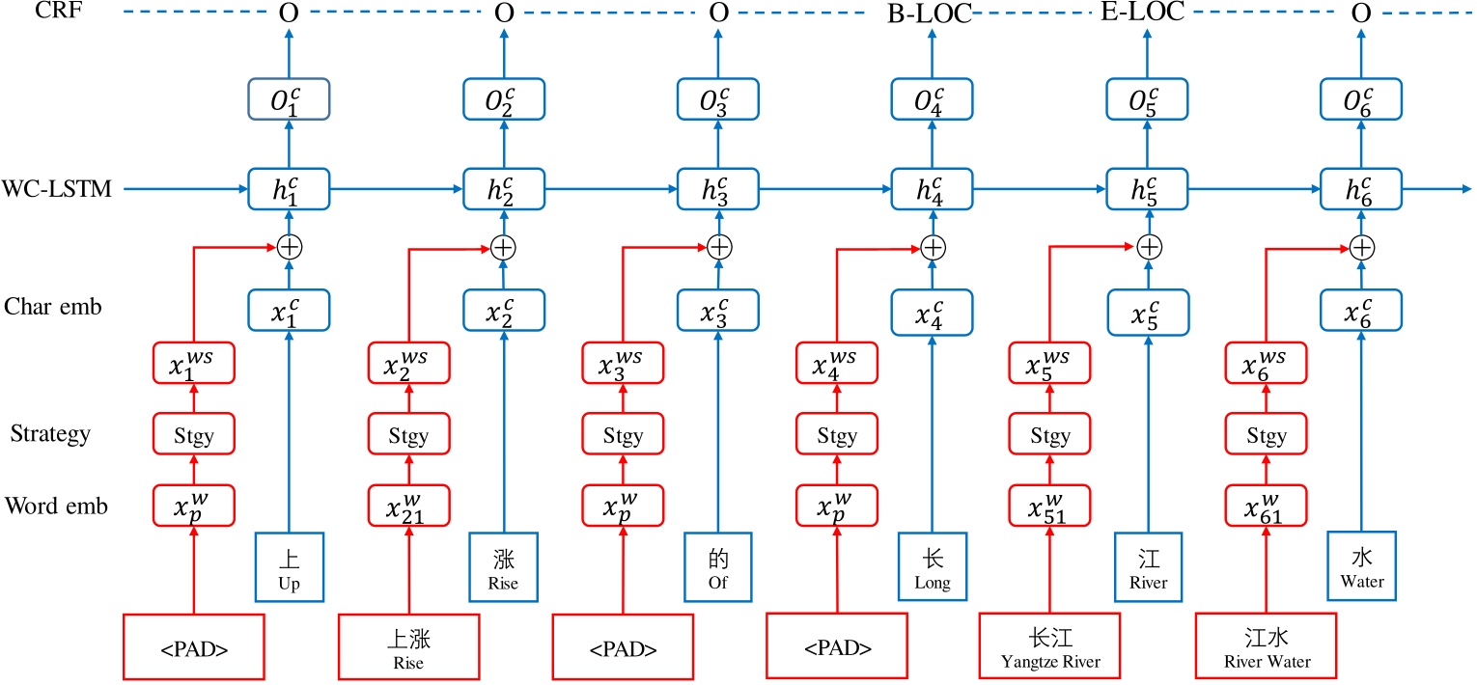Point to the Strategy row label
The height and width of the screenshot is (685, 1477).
click(x=50, y=433)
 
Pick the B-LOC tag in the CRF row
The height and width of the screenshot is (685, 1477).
click(x=930, y=14)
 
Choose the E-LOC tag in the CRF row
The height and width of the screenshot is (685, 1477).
click(x=1142, y=13)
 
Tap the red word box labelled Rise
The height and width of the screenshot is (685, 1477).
click(x=408, y=646)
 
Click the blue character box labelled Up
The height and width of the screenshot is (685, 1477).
click(x=287, y=566)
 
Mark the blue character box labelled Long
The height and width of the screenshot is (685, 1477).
click(x=932, y=566)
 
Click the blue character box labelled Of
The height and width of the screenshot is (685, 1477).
click(x=715, y=566)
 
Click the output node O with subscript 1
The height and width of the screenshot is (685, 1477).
click(x=289, y=99)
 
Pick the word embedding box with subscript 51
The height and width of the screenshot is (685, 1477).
click(x=1049, y=506)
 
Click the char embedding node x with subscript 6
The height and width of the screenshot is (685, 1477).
click(x=1361, y=309)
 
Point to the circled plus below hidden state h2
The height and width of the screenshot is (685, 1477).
click(x=502, y=248)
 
